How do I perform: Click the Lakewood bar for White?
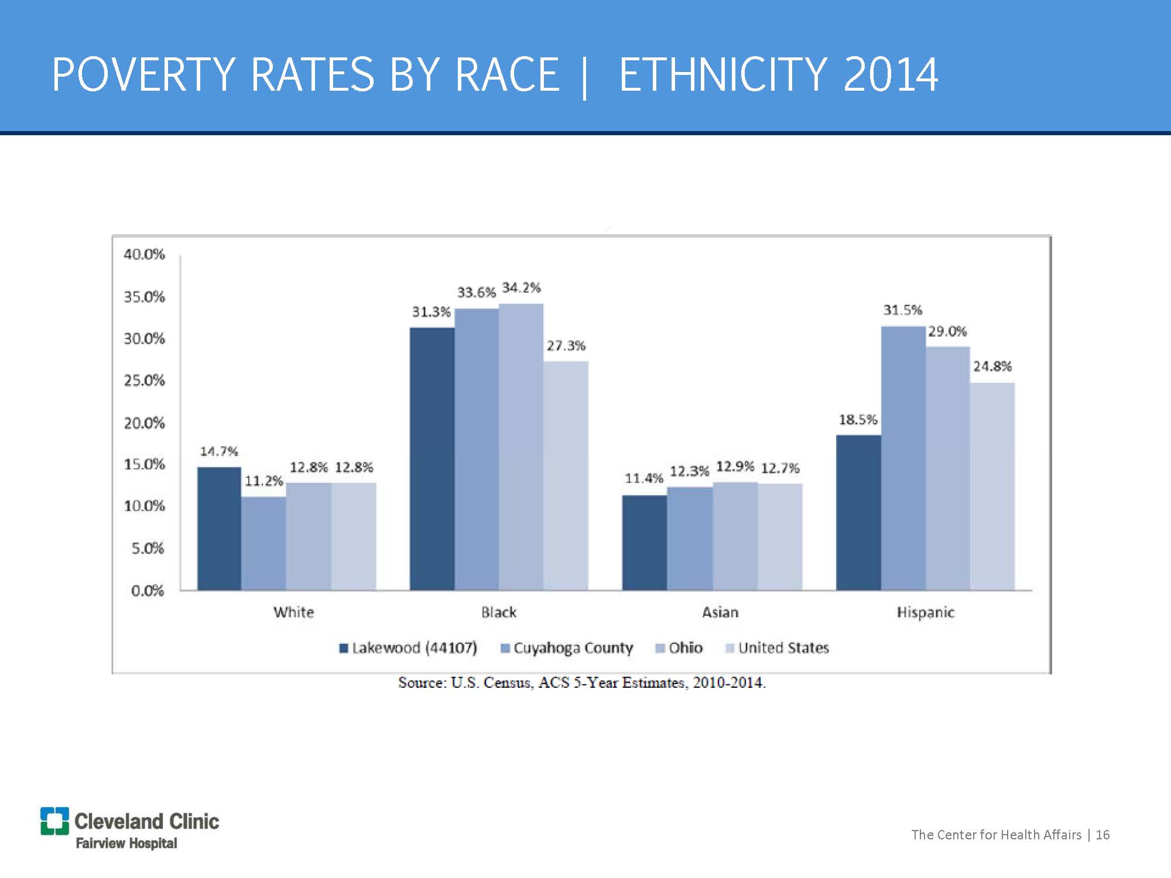click(219, 528)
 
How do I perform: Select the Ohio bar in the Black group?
click(521, 446)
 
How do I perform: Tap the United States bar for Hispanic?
click(992, 486)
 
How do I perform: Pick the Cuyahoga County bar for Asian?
click(690, 538)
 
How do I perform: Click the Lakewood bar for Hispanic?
click(858, 512)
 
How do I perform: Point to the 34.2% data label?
click(521, 288)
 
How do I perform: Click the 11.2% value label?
click(263, 481)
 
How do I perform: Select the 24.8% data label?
click(992, 366)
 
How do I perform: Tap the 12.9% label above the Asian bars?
click(735, 467)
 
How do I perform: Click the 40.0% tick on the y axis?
click(144, 255)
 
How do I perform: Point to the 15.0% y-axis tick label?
click(144, 465)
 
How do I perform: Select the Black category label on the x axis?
click(499, 612)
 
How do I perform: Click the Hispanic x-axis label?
click(925, 612)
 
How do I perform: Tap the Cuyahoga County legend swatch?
click(506, 648)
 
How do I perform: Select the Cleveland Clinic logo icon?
click(54, 821)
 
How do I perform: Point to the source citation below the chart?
click(581, 682)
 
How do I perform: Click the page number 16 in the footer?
click(1102, 835)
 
